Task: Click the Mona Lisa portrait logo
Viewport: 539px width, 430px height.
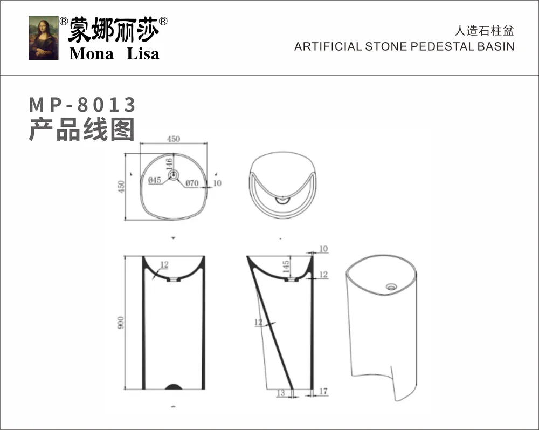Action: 44,38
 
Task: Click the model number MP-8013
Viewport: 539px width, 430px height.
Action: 82,104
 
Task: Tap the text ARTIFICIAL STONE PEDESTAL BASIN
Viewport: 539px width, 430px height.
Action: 404,46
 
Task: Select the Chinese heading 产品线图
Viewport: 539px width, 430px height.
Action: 81,129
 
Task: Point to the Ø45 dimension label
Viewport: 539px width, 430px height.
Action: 155,180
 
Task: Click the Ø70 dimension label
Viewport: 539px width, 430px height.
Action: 192,183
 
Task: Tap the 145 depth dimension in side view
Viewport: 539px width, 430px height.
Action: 286,265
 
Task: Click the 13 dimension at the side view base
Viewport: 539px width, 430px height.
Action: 281,393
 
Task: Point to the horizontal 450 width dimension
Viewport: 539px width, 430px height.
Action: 173,139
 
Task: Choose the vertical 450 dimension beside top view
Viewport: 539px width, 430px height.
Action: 121,186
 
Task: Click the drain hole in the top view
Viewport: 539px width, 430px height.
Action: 174,175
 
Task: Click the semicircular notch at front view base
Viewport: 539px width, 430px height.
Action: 174,386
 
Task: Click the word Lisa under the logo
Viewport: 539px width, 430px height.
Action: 143,54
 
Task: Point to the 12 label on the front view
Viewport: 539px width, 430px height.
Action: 164,265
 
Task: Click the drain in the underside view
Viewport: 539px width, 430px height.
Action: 282,200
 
